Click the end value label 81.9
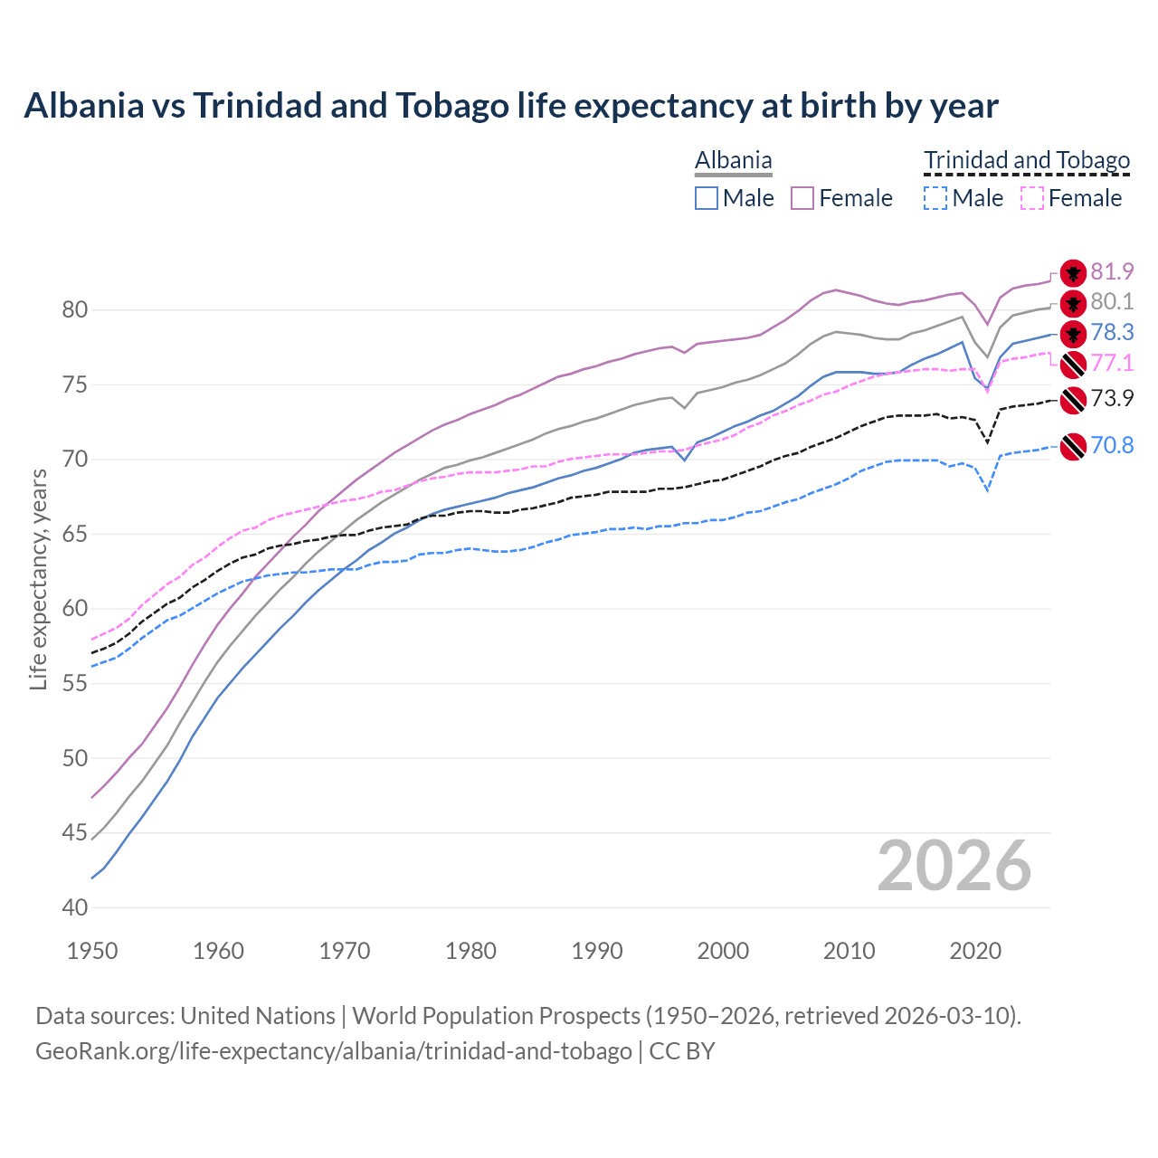pos(1112,271)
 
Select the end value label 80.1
pos(1112,301)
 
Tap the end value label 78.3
pos(1112,332)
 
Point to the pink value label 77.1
pos(1112,363)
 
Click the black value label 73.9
pos(1112,398)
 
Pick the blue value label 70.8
pos(1112,445)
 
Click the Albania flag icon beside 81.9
pos(1073,272)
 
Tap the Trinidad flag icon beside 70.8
pos(1073,446)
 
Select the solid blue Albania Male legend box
pos(707,198)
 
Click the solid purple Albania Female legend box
pos(802,198)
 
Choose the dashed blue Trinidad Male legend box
pos(935,198)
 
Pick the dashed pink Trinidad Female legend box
pos(1031,198)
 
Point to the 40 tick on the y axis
pos(75,907)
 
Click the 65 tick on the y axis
pos(75,534)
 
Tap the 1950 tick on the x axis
pos(92,951)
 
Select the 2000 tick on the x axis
pos(723,951)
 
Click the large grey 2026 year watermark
pos(954,866)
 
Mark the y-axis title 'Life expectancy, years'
pos(38,579)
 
